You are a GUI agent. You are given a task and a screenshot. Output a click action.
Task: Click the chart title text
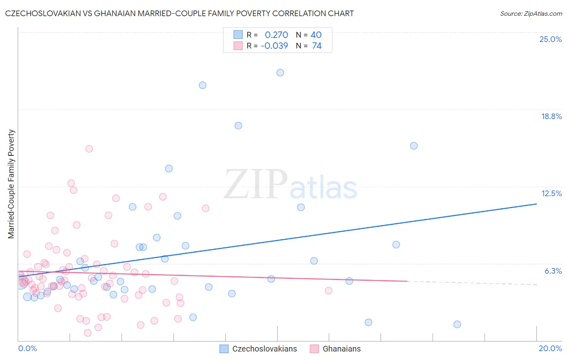click(179, 13)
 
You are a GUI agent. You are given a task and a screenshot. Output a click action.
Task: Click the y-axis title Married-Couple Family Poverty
click(11, 184)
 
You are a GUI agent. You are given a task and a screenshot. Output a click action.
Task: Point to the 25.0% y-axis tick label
click(550, 39)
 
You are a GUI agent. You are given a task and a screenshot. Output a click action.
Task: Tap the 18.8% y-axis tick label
click(551, 116)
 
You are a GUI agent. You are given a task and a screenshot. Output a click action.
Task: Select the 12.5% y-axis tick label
click(551, 193)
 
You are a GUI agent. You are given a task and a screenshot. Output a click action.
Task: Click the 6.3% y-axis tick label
click(553, 271)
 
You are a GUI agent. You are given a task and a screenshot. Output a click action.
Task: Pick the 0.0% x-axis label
click(27, 348)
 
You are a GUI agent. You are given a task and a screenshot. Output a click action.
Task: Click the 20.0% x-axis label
click(550, 348)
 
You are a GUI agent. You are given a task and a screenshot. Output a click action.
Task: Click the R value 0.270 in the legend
click(276, 35)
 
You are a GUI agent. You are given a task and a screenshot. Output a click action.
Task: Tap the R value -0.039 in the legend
click(274, 46)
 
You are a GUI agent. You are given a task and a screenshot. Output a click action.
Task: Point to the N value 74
click(317, 46)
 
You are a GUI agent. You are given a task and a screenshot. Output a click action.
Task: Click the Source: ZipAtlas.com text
click(531, 14)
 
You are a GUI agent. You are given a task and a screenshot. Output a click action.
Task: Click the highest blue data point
click(280, 73)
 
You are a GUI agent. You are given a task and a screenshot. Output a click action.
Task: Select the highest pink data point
click(89, 149)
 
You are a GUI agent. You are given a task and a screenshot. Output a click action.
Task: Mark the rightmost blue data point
click(457, 324)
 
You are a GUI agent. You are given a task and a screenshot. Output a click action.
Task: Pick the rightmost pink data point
click(329, 291)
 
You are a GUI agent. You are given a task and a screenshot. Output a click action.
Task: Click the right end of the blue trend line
click(536, 204)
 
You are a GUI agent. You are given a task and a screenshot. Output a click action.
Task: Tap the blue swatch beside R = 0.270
click(238, 35)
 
